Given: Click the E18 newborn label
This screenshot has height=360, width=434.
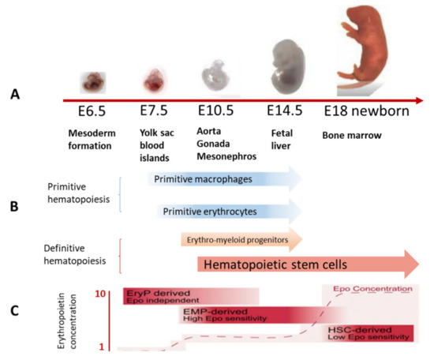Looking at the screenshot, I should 365,111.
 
